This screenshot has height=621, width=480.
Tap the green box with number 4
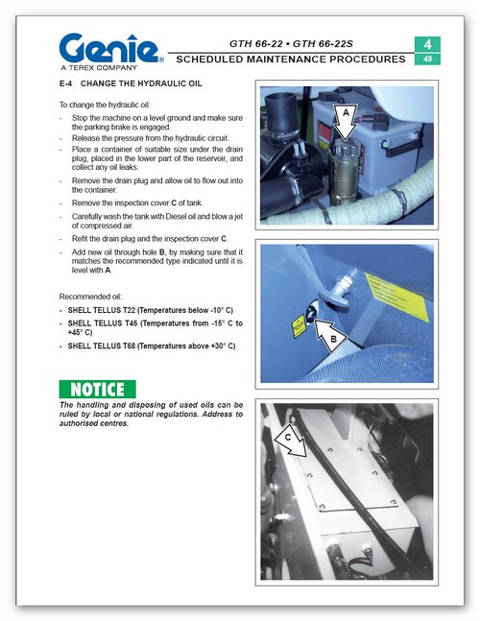427,44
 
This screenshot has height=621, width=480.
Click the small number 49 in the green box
427,59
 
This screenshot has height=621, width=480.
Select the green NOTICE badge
97,389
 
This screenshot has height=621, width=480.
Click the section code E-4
65,84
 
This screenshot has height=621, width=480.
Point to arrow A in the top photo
346,122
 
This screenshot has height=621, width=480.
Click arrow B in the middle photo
330,336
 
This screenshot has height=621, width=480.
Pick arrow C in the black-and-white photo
291,441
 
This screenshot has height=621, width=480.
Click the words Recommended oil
90,297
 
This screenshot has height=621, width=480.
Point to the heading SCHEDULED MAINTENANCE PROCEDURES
291,60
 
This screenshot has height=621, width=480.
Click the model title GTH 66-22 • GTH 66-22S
291,43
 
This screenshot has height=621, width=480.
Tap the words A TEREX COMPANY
99,68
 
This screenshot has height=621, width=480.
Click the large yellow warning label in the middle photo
397,297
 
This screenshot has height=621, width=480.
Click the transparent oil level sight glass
344,171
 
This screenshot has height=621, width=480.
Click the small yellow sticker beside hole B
299,326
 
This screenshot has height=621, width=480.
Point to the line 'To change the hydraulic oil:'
105,105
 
